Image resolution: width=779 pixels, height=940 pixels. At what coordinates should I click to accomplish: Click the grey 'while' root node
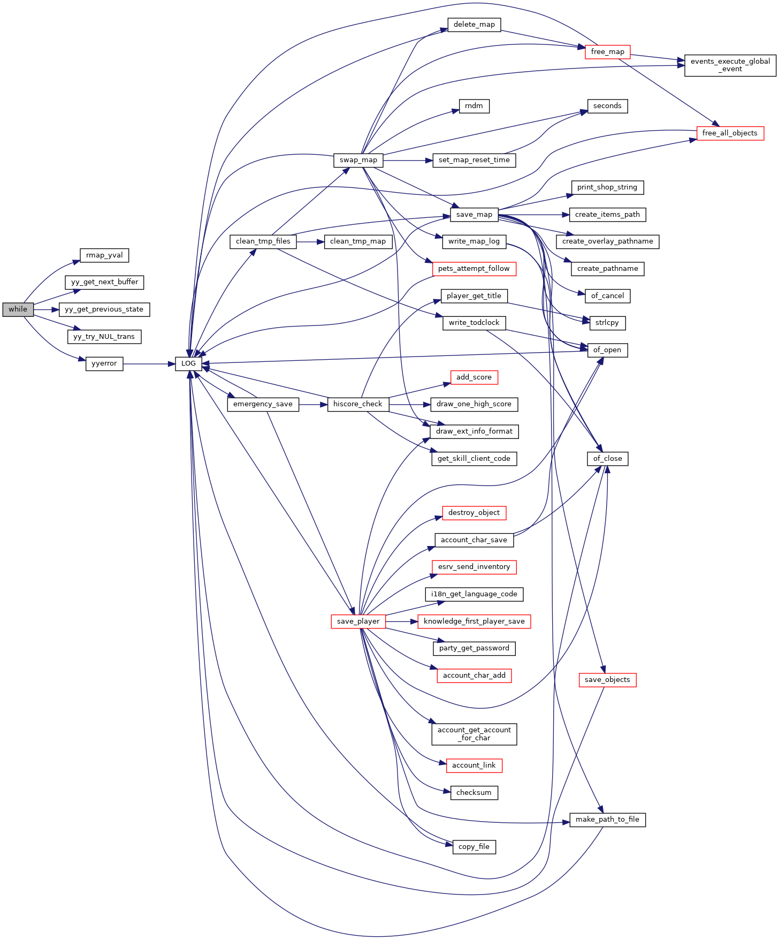click(x=18, y=309)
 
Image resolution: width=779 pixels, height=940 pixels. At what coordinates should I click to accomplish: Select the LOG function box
click(x=189, y=363)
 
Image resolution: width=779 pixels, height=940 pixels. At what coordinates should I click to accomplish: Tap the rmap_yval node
click(x=104, y=255)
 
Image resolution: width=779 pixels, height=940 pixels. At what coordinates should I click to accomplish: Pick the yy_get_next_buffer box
click(x=104, y=282)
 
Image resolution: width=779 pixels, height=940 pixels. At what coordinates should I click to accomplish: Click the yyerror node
click(x=104, y=363)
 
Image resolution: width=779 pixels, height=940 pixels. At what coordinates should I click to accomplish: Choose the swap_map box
click(x=358, y=160)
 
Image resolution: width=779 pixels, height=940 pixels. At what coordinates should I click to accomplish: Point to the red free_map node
click(x=608, y=52)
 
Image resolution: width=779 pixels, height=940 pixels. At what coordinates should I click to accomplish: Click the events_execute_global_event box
click(x=730, y=65)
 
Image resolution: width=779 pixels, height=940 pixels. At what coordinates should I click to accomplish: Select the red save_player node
click(x=358, y=621)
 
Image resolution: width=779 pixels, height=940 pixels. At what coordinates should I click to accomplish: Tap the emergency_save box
click(x=263, y=404)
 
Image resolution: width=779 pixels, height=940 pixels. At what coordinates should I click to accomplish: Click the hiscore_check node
click(x=358, y=404)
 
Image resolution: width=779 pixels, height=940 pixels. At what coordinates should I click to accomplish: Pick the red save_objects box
click(x=607, y=680)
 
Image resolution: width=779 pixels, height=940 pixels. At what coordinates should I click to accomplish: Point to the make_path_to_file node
click(x=607, y=820)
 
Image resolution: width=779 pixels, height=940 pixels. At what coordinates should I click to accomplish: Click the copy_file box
click(x=474, y=847)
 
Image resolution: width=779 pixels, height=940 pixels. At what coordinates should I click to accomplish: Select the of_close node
click(x=607, y=459)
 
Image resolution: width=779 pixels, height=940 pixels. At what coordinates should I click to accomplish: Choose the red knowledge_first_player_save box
click(x=474, y=621)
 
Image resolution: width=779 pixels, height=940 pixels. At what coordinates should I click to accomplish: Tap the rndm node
click(x=474, y=106)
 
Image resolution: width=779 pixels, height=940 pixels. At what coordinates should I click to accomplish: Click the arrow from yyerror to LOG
click(x=149, y=364)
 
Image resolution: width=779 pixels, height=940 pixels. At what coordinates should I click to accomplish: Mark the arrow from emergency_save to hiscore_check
click(x=313, y=404)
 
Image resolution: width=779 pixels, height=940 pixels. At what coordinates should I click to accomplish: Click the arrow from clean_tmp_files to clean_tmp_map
click(x=310, y=241)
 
